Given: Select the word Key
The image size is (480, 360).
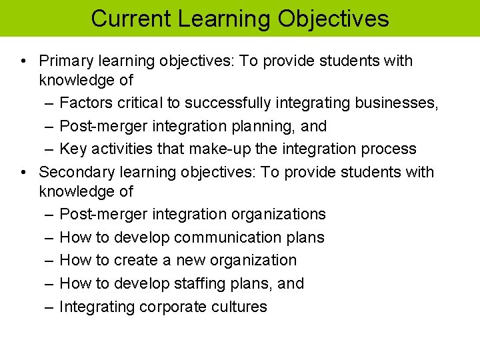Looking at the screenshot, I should [73, 149].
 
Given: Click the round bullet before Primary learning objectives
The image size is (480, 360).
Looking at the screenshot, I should [23, 61].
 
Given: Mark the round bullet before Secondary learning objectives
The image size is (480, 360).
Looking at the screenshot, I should [23, 172].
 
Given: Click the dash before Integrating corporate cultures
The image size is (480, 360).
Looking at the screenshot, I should [49, 307].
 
